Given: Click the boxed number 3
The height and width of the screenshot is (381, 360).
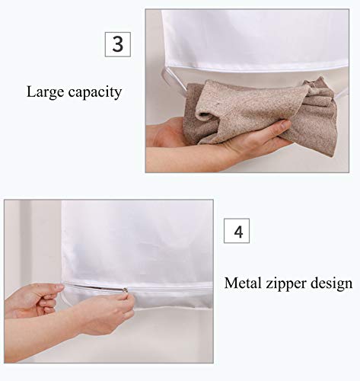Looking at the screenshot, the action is [118, 44].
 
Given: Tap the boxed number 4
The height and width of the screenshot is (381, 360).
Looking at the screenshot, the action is [237, 231].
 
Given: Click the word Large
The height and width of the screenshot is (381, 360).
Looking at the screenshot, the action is [45, 92].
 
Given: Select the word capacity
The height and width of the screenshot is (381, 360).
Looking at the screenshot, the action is [95, 93].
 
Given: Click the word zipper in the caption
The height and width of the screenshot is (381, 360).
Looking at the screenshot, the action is [286, 284].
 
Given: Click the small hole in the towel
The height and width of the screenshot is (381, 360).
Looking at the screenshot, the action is [217, 104].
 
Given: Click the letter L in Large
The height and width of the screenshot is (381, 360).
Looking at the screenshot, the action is [30, 91].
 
